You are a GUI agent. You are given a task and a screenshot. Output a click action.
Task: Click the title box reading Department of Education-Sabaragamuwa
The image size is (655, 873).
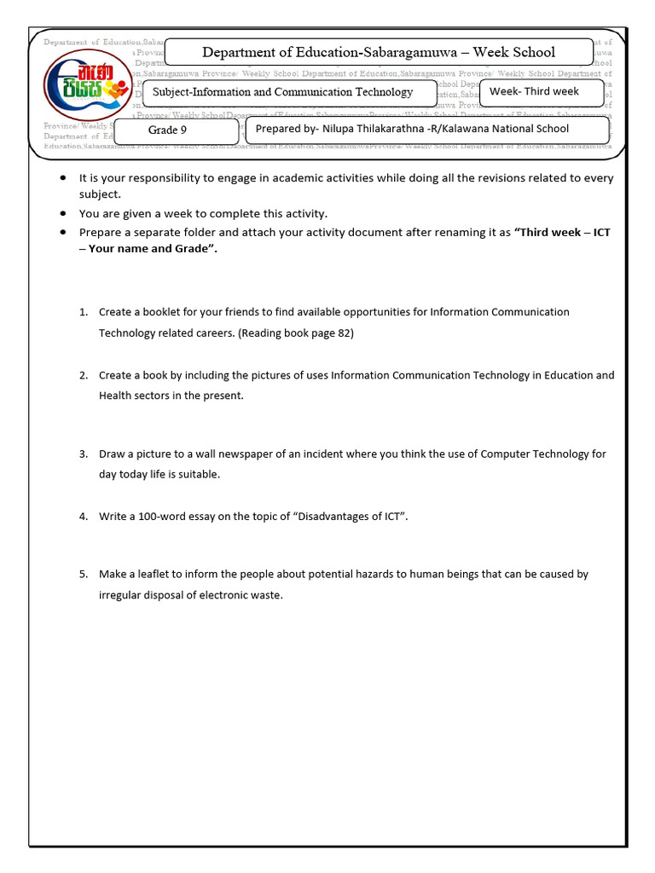(x=378, y=52)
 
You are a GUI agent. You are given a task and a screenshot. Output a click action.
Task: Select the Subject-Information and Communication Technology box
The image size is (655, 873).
(x=282, y=92)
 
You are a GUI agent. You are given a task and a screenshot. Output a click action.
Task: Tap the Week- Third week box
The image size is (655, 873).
(x=534, y=91)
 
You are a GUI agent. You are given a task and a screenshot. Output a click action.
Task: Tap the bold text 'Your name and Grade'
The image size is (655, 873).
(x=146, y=249)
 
